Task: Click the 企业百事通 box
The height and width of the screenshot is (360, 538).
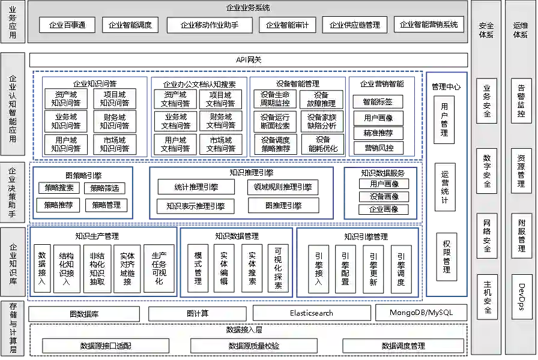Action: point(67,25)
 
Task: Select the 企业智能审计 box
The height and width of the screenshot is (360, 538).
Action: point(288,25)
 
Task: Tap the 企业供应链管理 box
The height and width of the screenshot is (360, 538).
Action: point(355,25)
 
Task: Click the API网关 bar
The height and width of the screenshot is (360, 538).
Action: point(249,59)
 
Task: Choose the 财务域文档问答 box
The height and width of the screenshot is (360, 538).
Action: point(221,121)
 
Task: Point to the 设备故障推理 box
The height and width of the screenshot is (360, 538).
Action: point(321,99)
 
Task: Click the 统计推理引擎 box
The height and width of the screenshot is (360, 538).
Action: point(196,187)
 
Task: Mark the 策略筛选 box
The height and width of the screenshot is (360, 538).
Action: point(104,188)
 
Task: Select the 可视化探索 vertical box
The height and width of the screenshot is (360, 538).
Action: point(278,268)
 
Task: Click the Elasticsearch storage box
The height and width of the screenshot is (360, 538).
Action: point(311,313)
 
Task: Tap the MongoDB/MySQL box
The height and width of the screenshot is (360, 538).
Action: point(420,313)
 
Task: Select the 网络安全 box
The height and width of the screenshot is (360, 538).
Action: point(486,236)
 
